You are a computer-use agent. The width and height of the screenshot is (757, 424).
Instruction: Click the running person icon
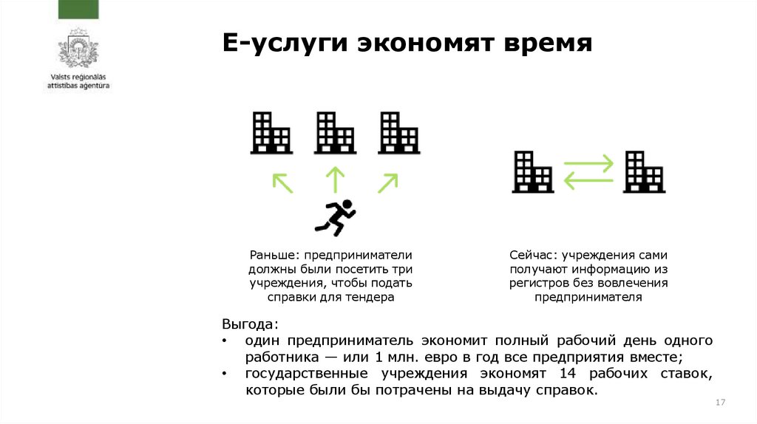335,217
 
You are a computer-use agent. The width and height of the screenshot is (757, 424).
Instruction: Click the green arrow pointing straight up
335,179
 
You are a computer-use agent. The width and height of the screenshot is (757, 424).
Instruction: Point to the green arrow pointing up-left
282,182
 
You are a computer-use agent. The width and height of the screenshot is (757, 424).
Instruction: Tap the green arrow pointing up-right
387,182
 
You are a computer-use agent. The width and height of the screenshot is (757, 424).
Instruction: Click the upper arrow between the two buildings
588,163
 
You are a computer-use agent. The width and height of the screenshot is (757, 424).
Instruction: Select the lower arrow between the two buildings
588,179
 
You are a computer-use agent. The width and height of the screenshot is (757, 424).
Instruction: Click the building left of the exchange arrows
533,171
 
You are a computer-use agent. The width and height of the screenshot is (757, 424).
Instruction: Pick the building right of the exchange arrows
643,171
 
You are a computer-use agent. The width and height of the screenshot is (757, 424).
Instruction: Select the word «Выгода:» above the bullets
251,324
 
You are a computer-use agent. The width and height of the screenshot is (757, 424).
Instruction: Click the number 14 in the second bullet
568,374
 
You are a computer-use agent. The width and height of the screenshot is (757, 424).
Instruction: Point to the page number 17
722,402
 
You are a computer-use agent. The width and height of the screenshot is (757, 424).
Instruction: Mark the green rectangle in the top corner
78,9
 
